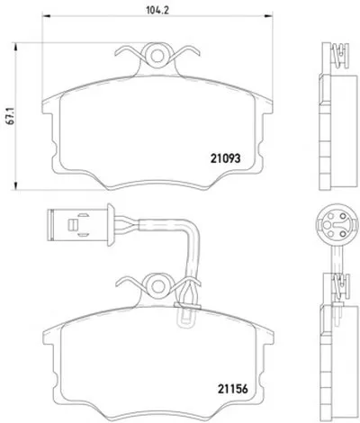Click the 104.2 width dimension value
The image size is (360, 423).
click(157, 10)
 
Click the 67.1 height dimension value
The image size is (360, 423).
click(11, 117)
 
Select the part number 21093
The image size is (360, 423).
click(225, 158)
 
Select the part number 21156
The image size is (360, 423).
click(233, 389)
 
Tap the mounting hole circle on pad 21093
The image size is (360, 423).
click(157, 55)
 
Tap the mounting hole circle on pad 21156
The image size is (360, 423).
click(157, 285)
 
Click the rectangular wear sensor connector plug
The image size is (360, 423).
click(77, 224)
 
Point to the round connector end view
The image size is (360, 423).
click(337, 224)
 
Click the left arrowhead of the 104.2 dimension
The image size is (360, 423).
click(46, 15)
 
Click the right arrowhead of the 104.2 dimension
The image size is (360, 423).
click(269, 15)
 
